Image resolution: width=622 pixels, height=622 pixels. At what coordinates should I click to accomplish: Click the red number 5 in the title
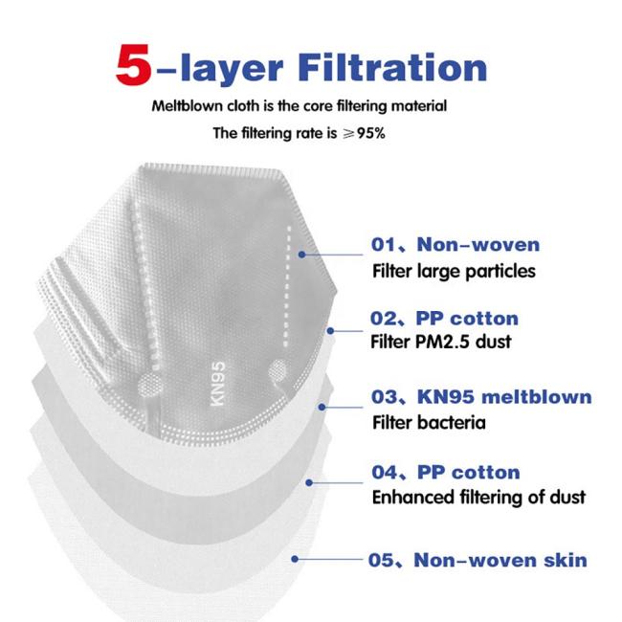134,64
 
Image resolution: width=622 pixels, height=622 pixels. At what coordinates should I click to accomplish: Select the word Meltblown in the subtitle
188,106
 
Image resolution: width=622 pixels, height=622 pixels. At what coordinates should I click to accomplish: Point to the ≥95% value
364,133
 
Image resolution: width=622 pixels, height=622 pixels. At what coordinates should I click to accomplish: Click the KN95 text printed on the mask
217,384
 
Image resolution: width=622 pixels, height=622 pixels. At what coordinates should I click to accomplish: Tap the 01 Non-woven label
455,244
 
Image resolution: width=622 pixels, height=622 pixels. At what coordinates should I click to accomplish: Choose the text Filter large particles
454,272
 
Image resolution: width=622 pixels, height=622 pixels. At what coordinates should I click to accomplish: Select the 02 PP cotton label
444,319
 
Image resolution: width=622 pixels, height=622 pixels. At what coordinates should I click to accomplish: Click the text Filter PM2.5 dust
441,342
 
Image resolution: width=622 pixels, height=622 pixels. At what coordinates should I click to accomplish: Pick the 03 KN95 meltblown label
481,397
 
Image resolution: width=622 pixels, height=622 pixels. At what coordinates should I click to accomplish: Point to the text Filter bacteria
429,422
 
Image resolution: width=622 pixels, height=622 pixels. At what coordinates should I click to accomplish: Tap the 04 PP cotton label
446,473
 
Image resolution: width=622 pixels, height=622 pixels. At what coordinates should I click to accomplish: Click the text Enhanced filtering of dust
478,498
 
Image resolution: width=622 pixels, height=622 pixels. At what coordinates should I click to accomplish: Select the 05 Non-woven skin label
478,561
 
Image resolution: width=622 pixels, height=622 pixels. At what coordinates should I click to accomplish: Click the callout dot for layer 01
301,255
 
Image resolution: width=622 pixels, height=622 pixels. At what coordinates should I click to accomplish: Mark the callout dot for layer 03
322,407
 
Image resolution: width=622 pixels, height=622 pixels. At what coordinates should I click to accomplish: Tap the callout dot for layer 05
295,559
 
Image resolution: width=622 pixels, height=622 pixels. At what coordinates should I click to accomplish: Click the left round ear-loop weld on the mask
150,385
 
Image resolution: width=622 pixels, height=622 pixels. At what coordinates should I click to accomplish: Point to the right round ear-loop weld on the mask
278,371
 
